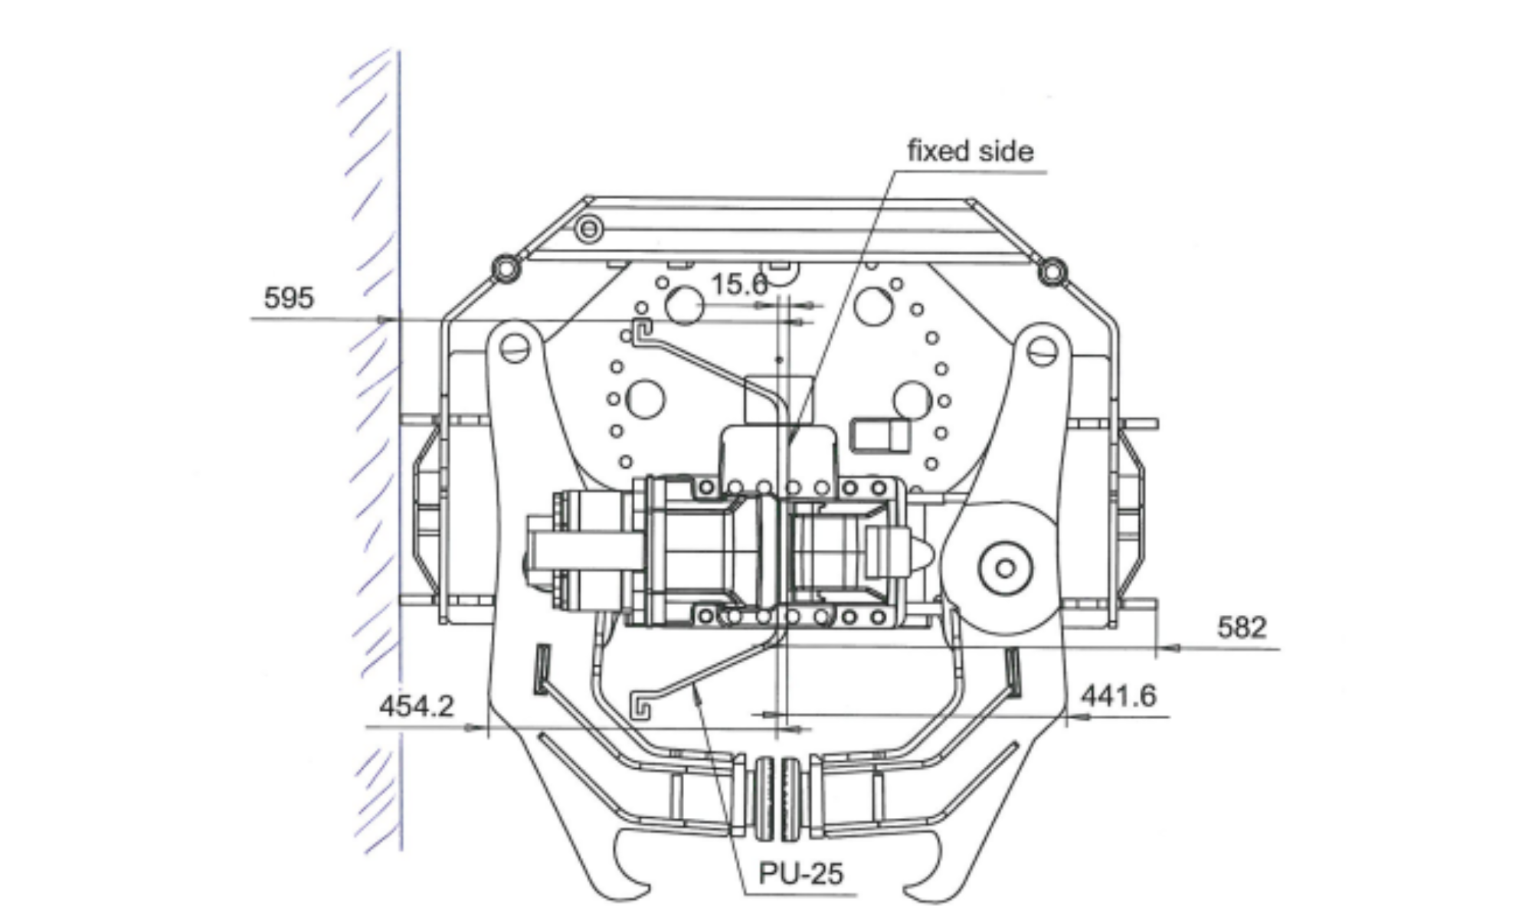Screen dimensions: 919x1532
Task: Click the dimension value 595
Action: pos(289,298)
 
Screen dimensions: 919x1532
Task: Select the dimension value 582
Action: pos(1242,628)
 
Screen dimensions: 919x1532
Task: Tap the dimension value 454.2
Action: pos(417,706)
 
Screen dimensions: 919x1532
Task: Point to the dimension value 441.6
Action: pos(1118,696)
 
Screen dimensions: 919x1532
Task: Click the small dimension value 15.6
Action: pos(738,285)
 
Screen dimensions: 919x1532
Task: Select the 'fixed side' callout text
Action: pos(971,152)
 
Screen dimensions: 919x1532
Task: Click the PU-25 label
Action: pos(800,874)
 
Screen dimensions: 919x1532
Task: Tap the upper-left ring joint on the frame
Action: pos(506,269)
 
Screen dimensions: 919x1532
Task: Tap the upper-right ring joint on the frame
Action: pos(1052,270)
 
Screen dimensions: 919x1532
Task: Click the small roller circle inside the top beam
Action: pos(588,228)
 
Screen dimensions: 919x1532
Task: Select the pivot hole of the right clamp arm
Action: pos(1041,352)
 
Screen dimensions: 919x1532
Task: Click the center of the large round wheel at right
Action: pos(1006,568)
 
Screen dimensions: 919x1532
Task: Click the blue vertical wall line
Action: pos(399,459)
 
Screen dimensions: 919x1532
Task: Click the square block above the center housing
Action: pos(777,399)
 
